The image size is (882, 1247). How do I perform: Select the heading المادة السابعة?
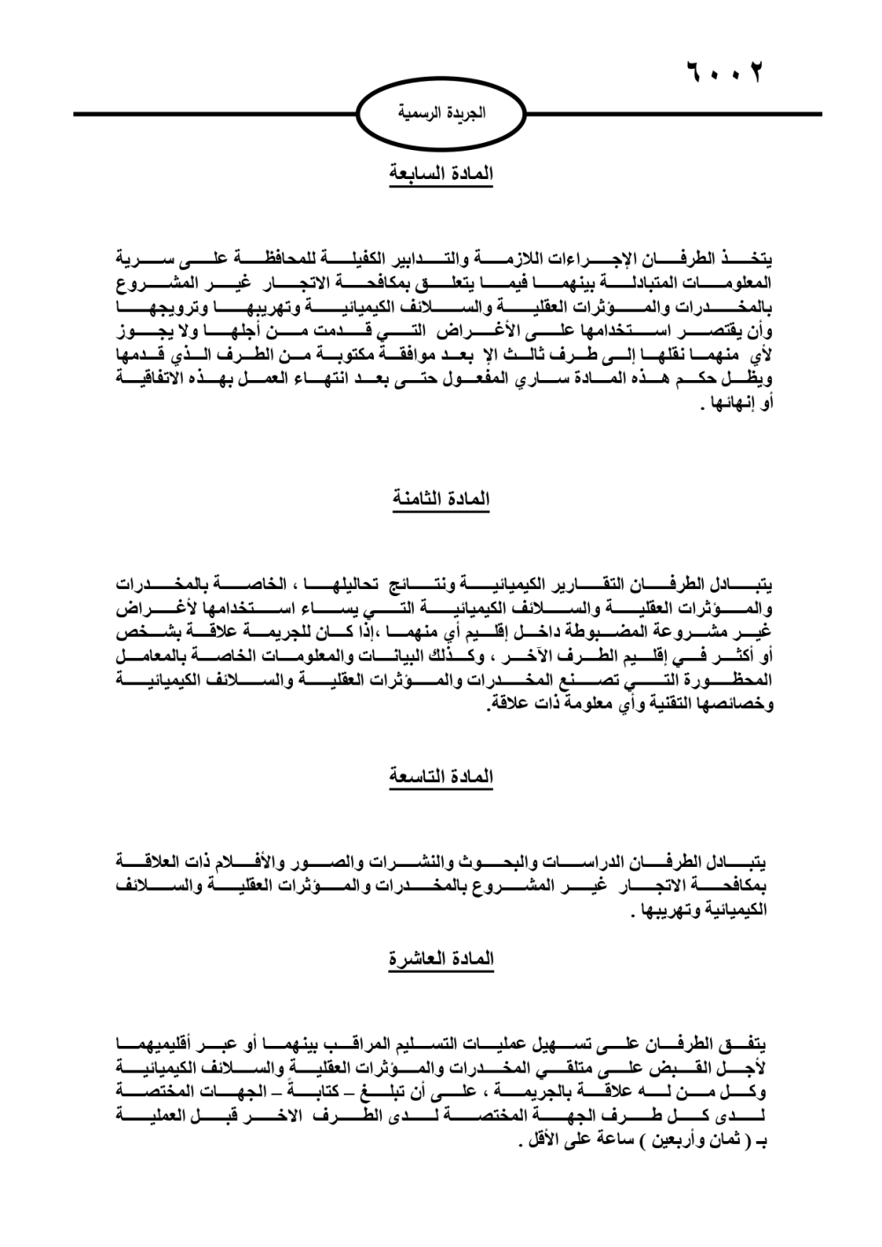[x=441, y=174]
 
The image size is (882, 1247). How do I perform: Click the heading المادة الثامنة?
[x=441, y=500]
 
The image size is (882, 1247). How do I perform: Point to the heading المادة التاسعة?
[x=441, y=777]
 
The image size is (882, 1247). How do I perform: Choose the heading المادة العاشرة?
[x=441, y=959]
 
